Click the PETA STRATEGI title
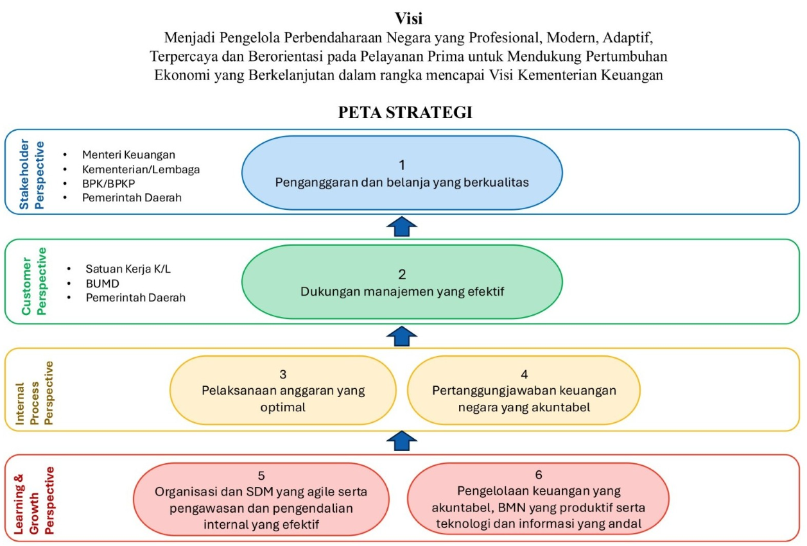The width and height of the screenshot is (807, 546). click(x=404, y=113)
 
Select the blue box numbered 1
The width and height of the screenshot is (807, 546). click(x=402, y=173)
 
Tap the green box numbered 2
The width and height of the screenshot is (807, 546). click(x=402, y=282)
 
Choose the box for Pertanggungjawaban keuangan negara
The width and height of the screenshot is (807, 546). click(x=524, y=390)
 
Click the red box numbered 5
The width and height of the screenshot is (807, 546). click(x=261, y=500)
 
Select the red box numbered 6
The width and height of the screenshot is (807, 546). click(x=538, y=499)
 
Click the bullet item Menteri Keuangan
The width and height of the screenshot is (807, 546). click(x=128, y=155)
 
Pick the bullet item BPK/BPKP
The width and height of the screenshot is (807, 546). click(x=109, y=183)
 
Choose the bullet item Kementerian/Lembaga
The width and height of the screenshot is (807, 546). click(x=141, y=169)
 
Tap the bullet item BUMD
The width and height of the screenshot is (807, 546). click(x=103, y=283)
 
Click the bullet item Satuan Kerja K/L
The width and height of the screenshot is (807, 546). click(x=128, y=269)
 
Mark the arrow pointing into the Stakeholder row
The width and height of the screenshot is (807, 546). click(x=403, y=226)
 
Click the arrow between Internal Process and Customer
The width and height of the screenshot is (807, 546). click(x=403, y=336)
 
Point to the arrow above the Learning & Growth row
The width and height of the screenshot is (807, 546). click(x=403, y=442)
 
